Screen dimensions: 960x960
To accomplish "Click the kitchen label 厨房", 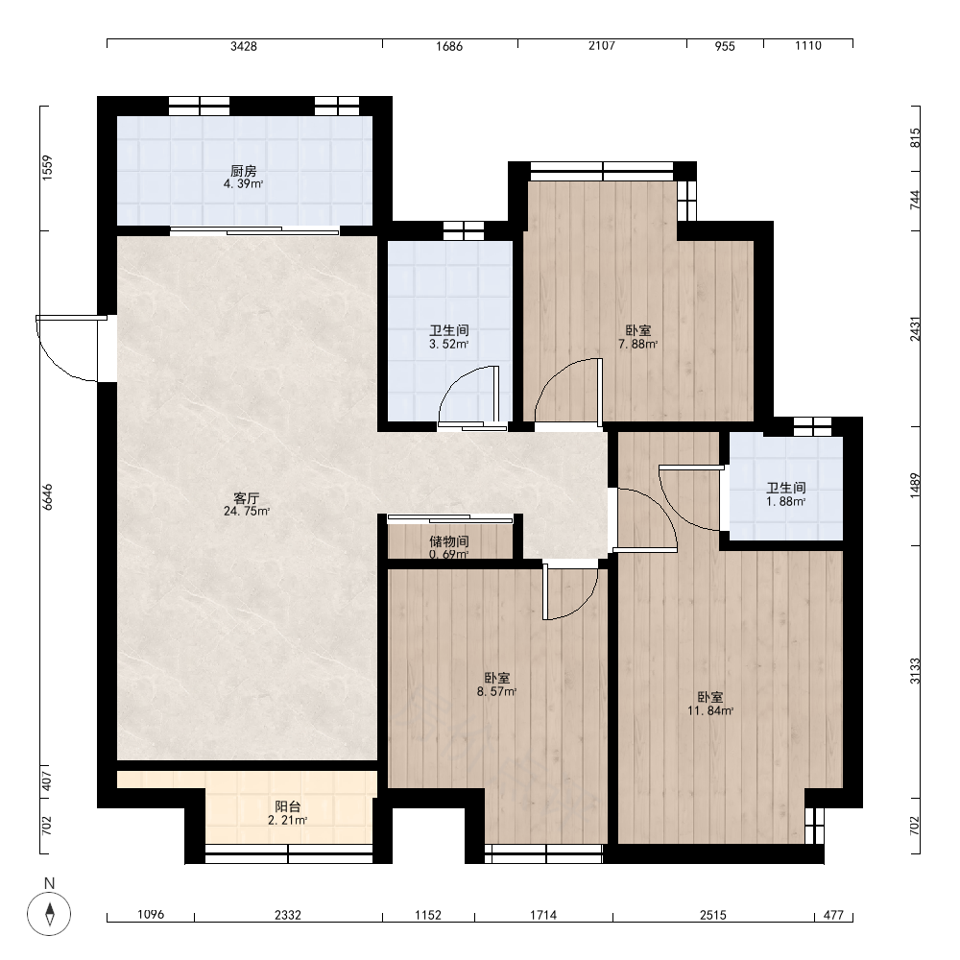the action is [x=244, y=171].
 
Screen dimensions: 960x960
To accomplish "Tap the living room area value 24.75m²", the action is [x=247, y=512].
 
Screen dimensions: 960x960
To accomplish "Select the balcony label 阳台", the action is [x=288, y=807].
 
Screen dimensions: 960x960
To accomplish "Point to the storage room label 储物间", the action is [x=449, y=541].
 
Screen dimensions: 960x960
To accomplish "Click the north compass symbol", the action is [x=50, y=915].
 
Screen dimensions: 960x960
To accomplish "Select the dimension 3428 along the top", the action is [x=244, y=46].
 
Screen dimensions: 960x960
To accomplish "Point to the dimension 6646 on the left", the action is [x=48, y=497].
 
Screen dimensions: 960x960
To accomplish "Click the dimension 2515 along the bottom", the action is [x=713, y=915].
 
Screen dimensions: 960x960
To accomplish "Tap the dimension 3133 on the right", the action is [x=915, y=671].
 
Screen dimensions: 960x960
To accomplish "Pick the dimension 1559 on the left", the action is [x=48, y=168].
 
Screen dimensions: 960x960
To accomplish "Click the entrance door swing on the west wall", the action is [x=67, y=348].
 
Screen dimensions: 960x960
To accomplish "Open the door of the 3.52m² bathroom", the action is [x=469, y=396].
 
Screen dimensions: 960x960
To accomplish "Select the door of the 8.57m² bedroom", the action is [x=570, y=593].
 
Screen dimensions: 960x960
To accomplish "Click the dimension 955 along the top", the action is [x=725, y=46].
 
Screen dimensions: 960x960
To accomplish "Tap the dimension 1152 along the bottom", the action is [x=428, y=915].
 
